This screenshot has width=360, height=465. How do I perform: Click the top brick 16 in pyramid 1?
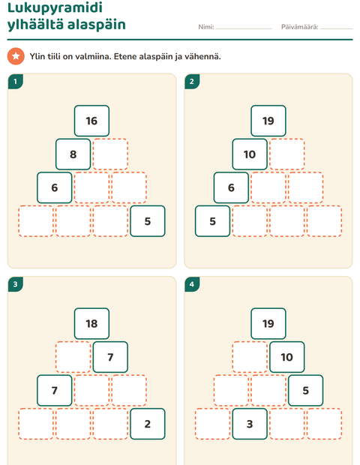(91, 121)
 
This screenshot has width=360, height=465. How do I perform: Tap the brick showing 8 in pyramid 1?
(73, 154)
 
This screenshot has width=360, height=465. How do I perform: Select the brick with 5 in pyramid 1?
(148, 221)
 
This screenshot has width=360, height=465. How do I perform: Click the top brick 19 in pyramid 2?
(268, 121)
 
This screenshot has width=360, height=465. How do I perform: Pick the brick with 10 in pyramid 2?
(250, 154)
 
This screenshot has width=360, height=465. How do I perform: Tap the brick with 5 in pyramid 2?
(212, 221)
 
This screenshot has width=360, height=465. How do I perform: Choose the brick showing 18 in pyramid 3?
(91, 323)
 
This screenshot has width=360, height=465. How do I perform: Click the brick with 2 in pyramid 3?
(148, 424)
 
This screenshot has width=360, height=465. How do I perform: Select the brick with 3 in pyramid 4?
(250, 424)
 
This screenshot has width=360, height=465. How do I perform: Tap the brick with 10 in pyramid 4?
(287, 357)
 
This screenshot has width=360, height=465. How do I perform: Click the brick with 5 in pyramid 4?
(306, 390)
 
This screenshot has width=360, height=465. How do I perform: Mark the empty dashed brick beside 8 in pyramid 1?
(110, 154)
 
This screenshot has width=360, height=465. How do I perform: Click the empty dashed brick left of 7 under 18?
(73, 357)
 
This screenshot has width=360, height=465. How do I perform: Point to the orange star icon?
(16, 56)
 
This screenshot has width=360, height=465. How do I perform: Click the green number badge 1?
(16, 81)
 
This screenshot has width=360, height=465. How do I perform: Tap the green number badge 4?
(192, 284)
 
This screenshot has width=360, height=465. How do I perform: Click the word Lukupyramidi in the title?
(55, 7)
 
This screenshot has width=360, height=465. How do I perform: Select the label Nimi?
(206, 27)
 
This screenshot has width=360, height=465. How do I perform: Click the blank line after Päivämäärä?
(337, 28)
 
